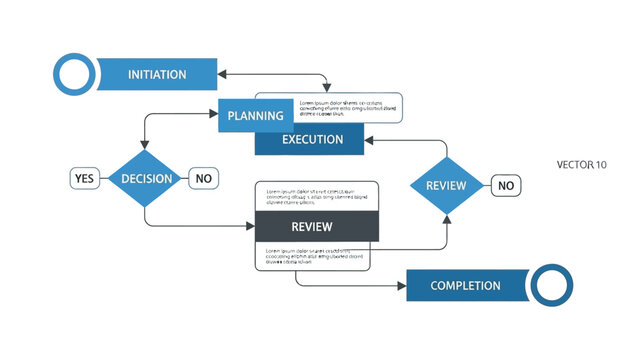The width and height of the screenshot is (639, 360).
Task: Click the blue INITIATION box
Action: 157,75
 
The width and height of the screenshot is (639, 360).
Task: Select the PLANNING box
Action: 256,116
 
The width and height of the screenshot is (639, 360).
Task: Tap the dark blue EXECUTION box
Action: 312,140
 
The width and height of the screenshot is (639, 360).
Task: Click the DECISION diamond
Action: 146,179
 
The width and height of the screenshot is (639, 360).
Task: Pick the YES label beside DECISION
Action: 84,179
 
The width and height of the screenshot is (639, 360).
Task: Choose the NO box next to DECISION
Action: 204,179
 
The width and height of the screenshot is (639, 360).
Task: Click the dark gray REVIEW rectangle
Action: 317,227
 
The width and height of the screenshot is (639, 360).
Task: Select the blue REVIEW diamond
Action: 446,185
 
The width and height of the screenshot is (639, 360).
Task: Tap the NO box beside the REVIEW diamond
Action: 506,185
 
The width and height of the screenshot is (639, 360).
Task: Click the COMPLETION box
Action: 466,286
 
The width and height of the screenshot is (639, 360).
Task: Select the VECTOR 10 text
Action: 581,164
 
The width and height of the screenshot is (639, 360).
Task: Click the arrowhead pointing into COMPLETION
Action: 402,286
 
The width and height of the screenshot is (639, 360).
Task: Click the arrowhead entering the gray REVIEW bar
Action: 252,227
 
